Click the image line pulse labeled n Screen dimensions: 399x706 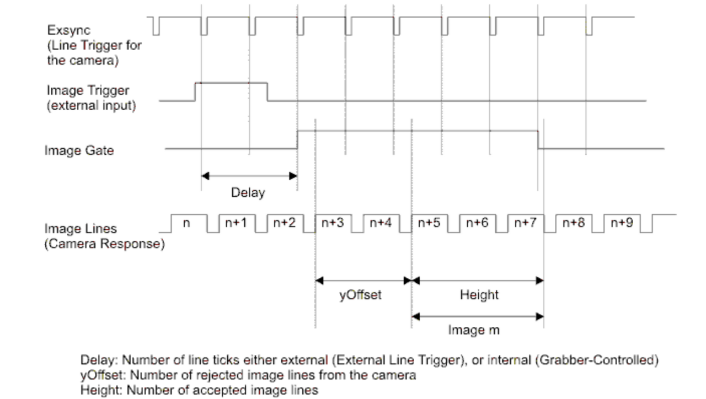[186, 223]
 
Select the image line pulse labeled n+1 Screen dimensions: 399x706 [236, 223]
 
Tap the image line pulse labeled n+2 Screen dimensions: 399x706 [284, 223]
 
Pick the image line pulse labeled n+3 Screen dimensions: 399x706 [332, 223]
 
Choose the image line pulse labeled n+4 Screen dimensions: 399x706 [381, 223]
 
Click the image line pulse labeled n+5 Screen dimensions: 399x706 [429, 223]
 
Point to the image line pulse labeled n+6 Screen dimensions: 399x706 [477, 223]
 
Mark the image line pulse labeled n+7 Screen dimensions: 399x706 [525, 223]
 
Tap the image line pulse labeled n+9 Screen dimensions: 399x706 [622, 223]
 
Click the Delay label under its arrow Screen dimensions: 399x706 [248, 193]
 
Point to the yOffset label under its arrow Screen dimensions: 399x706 [360, 295]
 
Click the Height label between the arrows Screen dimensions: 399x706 [479, 295]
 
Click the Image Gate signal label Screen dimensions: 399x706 [79, 150]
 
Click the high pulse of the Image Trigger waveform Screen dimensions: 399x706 [231, 83]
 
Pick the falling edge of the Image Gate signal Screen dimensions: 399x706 [538, 139]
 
